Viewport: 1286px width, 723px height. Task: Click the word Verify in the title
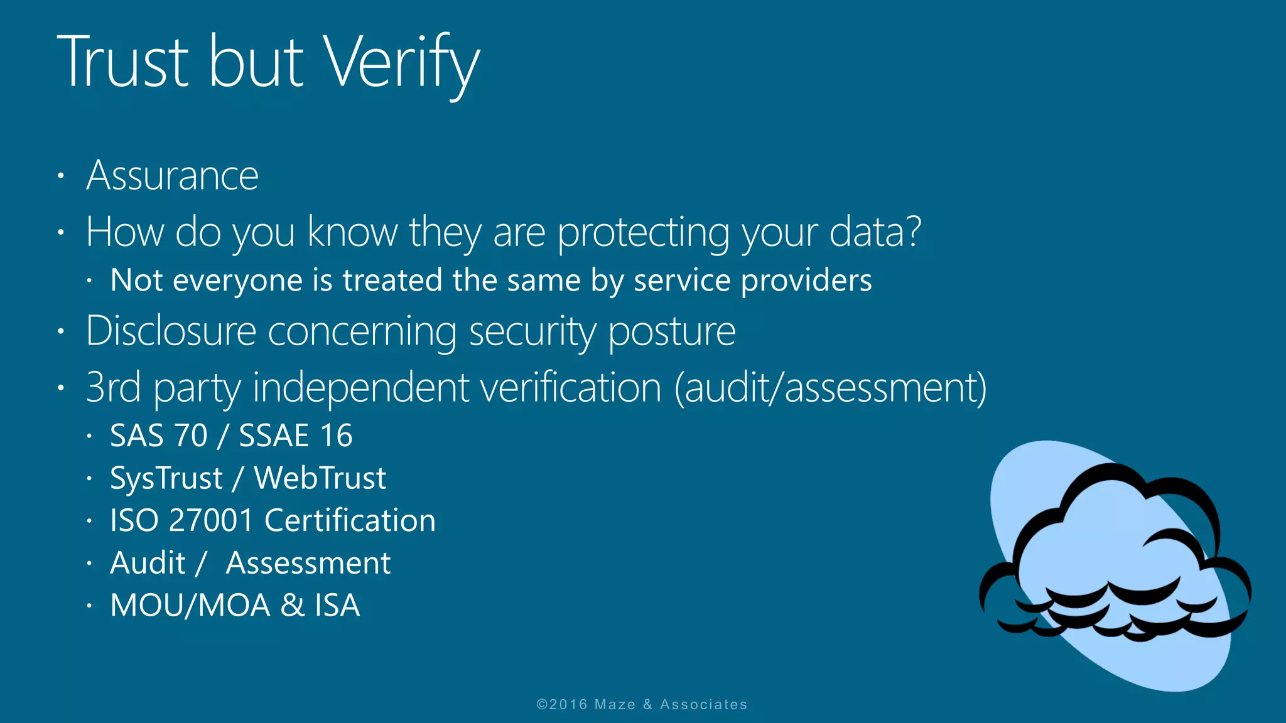[x=402, y=63]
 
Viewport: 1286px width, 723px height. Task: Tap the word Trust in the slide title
[x=123, y=63]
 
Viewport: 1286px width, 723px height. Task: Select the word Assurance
[x=173, y=175]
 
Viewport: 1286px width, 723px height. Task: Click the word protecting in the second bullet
[x=644, y=232]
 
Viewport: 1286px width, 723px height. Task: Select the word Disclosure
[x=171, y=331]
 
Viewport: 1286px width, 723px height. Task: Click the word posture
[x=672, y=331]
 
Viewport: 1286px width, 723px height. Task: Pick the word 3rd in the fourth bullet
[x=113, y=387]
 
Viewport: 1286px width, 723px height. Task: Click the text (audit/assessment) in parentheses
[x=830, y=387]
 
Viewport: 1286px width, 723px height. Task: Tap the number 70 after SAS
[x=190, y=436]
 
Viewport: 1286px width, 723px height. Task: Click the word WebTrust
[x=320, y=478]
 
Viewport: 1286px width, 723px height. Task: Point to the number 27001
[x=211, y=520]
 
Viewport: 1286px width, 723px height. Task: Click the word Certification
[x=350, y=520]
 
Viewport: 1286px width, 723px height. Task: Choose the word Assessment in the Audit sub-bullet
[x=308, y=563]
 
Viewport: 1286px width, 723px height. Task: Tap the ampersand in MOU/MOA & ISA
[x=292, y=606]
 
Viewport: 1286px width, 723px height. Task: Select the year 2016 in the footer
[x=569, y=705]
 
